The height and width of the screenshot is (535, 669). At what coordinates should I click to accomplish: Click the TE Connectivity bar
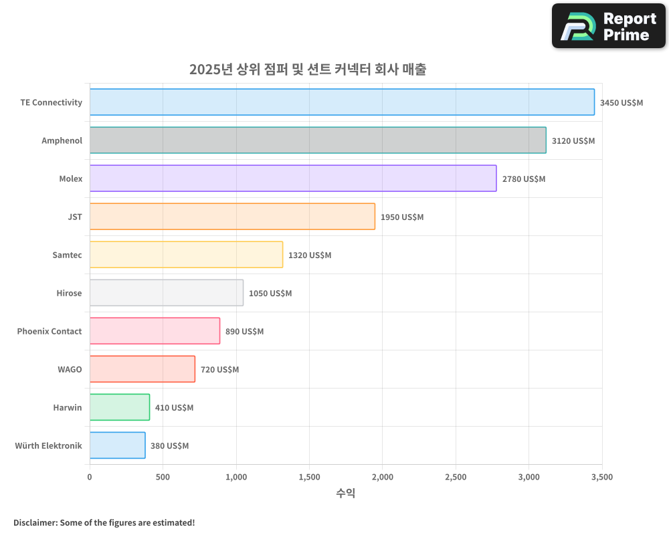click(342, 102)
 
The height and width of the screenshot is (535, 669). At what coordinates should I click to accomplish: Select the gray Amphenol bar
click(318, 140)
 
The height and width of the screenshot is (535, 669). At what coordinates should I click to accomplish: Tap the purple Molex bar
click(293, 179)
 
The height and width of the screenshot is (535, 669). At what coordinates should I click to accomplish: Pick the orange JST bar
click(232, 217)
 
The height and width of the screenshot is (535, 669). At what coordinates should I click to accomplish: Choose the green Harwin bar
click(120, 407)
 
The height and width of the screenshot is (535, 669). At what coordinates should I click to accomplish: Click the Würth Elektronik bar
click(118, 445)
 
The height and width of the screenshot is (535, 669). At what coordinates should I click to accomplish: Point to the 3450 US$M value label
click(621, 103)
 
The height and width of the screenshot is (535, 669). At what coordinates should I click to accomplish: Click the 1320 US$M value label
click(309, 255)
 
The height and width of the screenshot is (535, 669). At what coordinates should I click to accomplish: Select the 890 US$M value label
click(244, 332)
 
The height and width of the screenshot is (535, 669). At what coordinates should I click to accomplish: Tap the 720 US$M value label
click(219, 370)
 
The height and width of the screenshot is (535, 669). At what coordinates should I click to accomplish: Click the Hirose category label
click(69, 293)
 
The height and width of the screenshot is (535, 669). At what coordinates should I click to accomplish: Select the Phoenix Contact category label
click(50, 331)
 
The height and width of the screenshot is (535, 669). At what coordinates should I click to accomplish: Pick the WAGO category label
click(70, 369)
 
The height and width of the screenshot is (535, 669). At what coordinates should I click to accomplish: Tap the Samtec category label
click(67, 255)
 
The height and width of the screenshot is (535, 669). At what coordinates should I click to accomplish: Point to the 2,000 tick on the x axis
click(382, 477)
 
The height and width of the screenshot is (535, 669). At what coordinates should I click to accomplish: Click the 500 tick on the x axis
click(163, 477)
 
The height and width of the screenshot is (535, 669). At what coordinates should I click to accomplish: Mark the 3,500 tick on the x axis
click(601, 477)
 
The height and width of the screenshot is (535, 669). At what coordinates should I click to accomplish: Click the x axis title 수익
click(345, 494)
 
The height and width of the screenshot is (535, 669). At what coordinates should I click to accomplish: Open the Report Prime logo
click(608, 26)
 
